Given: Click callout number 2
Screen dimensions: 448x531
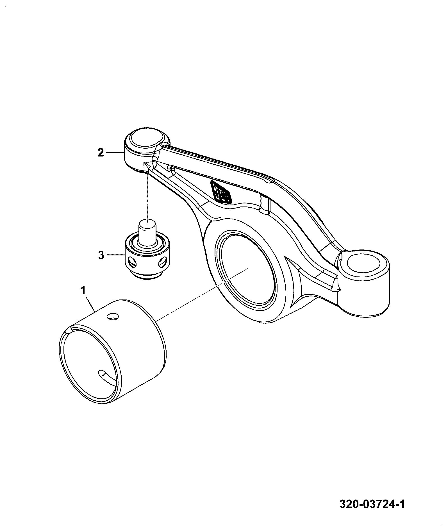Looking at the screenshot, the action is point(101,153).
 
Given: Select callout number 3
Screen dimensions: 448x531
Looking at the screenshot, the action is point(101,256).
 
